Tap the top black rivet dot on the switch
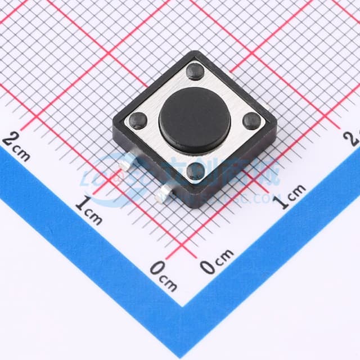coord(196,70)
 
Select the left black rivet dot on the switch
coord(138,120)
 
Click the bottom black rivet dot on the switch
coord(195,172)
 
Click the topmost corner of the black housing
coord(196,52)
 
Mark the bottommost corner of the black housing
coord(196,207)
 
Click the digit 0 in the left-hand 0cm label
coord(157,269)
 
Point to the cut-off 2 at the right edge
coord(355,137)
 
